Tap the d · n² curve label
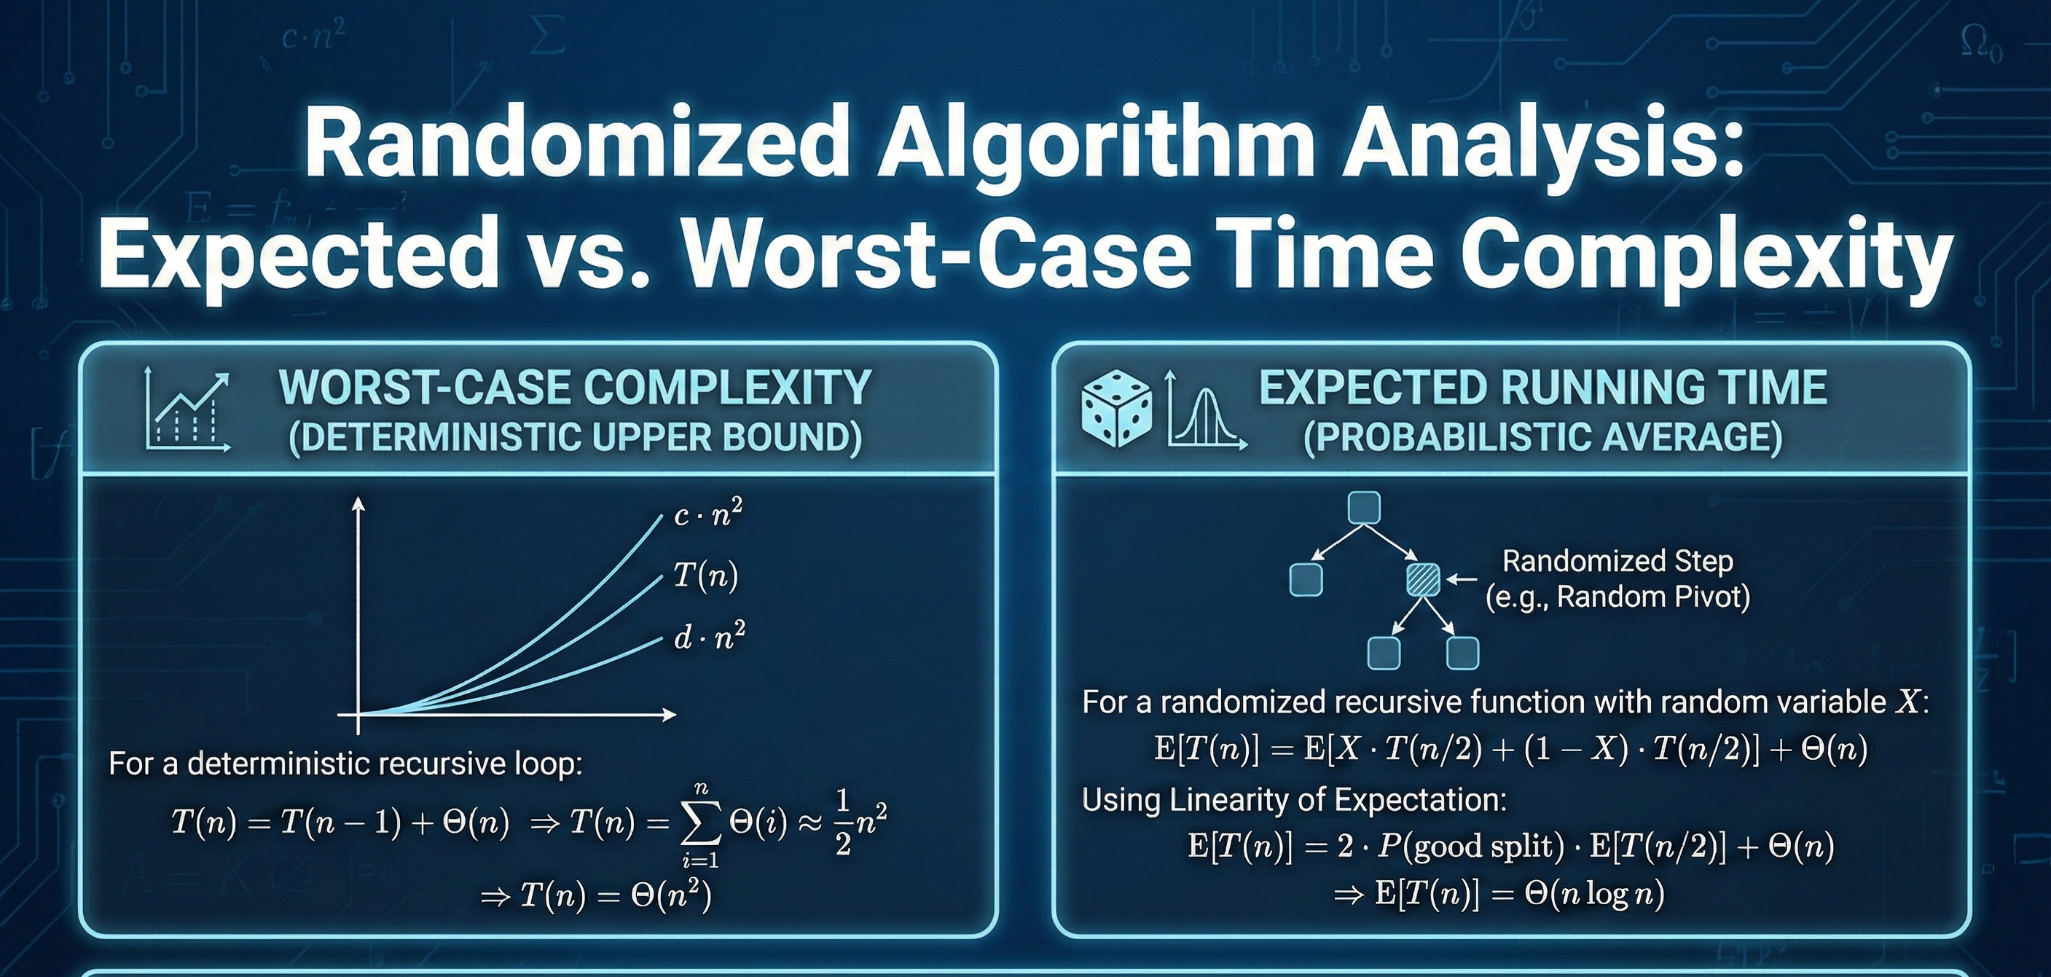pos(709,636)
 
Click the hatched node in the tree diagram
pos(1423,580)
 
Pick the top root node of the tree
pos(1362,508)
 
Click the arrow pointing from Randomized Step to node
pos(1461,580)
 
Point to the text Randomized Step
pos(1617,562)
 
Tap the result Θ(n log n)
pos(1594,894)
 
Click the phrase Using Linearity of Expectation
pos(1294,799)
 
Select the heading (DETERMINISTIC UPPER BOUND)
pos(575,437)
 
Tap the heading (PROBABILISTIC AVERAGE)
pos(1542,437)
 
